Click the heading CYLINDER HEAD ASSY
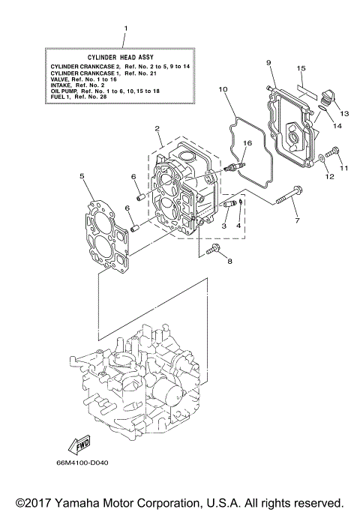[124, 57]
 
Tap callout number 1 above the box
[125, 29]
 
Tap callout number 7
[296, 220]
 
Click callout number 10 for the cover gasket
[223, 90]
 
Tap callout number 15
[301, 68]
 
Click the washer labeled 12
[322, 158]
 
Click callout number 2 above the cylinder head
[158, 129]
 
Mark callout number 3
[224, 225]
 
